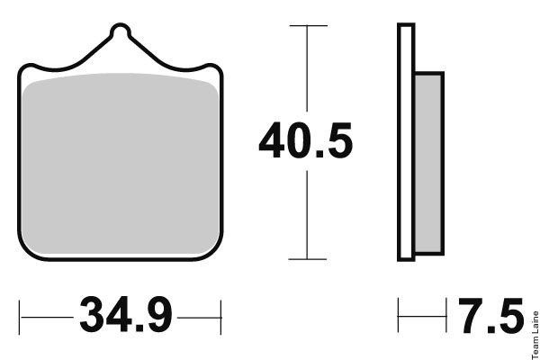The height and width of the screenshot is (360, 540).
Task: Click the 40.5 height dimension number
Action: pyautogui.click(x=306, y=140)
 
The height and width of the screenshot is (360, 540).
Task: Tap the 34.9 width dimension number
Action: pyautogui.click(x=126, y=314)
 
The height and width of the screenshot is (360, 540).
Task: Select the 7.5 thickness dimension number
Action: pyautogui.click(x=491, y=316)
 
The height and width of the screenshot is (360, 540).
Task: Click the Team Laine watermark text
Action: pyautogui.click(x=535, y=335)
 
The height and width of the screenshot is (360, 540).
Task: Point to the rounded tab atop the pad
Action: pyautogui.click(x=121, y=30)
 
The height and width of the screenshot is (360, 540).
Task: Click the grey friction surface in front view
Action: pyautogui.click(x=121, y=164)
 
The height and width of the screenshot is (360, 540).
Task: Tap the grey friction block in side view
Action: pyautogui.click(x=428, y=164)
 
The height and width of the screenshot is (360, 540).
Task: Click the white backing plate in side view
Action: pyautogui.click(x=406, y=142)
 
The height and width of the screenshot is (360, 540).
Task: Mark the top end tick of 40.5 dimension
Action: pyautogui.click(x=308, y=25)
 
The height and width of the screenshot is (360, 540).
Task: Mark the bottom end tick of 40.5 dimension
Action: pyautogui.click(x=307, y=259)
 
